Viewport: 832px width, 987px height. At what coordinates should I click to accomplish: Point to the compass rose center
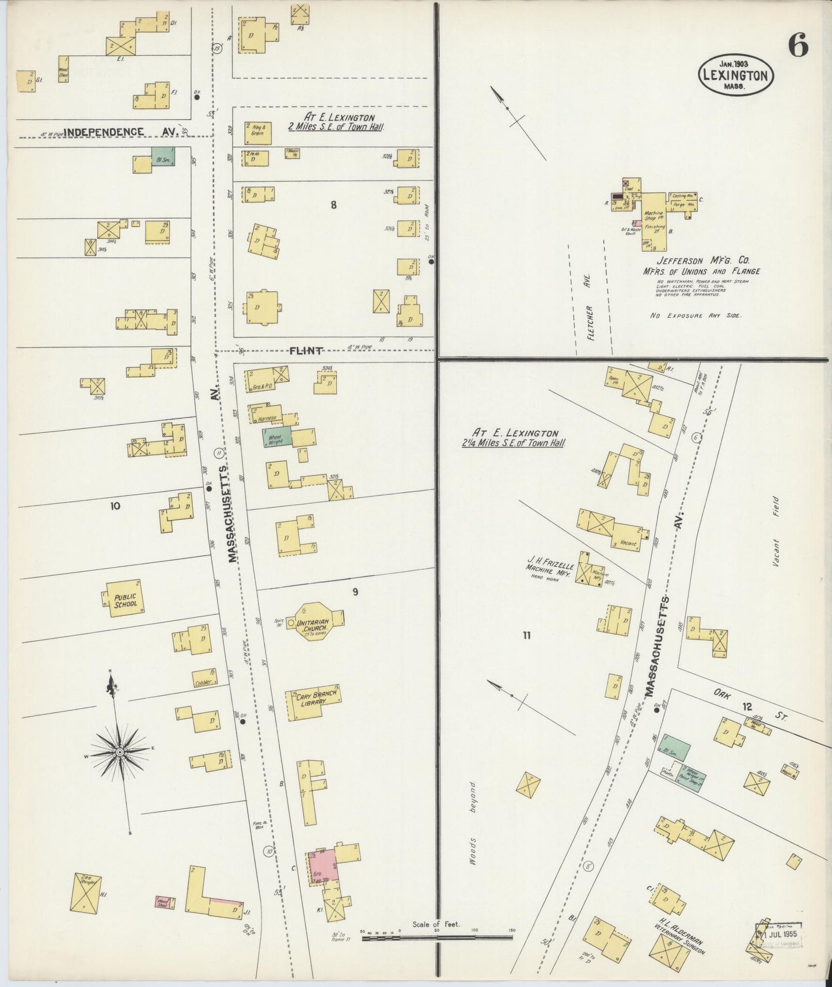click(119, 752)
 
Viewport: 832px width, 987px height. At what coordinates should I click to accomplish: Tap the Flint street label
click(305, 351)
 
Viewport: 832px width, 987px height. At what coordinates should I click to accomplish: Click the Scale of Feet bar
click(436, 937)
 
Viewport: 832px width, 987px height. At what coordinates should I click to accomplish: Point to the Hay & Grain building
click(257, 134)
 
